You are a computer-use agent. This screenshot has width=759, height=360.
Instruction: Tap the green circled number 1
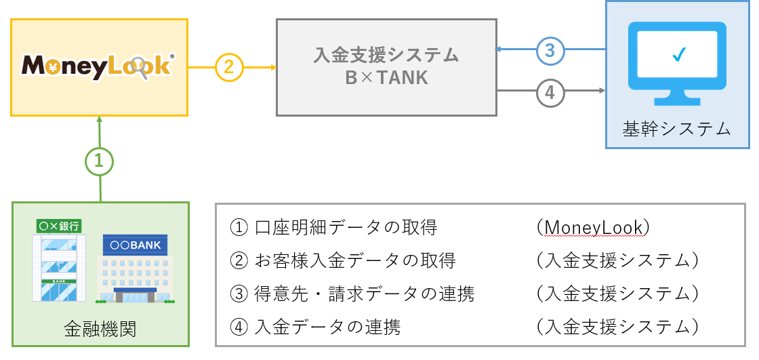tap(99, 161)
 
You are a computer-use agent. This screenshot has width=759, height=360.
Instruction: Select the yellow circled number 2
tap(229, 67)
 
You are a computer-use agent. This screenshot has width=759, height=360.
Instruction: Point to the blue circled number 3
tap(550, 49)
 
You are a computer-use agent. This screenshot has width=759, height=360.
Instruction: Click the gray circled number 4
tap(550, 91)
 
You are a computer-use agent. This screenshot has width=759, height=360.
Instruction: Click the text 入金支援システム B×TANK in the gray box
tap(386, 66)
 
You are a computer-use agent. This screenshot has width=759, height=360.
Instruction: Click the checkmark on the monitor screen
tap(677, 56)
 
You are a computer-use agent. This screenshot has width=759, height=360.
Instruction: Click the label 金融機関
tap(100, 329)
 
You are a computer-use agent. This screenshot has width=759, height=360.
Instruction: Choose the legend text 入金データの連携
tap(327, 327)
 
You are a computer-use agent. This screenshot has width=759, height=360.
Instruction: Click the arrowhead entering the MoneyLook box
tap(100, 119)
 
